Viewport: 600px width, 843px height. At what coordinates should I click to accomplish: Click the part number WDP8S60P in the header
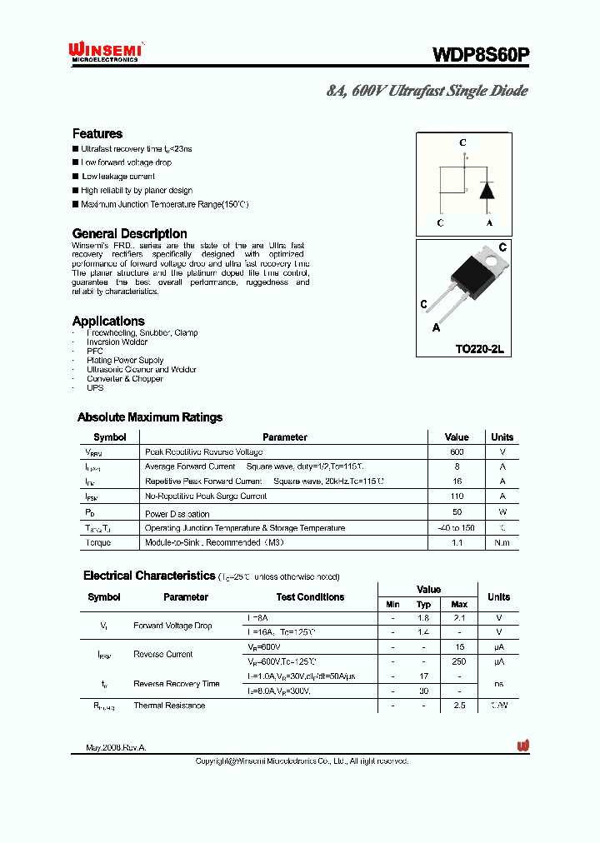pyautogui.click(x=480, y=55)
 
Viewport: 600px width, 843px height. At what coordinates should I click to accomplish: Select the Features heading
pyautogui.click(x=97, y=133)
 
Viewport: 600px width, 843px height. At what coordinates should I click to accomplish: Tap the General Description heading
pyautogui.click(x=129, y=233)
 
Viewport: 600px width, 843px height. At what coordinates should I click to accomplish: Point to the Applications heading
pyautogui.click(x=108, y=321)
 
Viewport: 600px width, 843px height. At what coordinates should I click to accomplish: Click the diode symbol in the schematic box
pyautogui.click(x=488, y=190)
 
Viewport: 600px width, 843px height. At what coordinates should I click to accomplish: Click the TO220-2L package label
pyautogui.click(x=479, y=350)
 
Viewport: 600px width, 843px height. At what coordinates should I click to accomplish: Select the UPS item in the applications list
pyautogui.click(x=95, y=388)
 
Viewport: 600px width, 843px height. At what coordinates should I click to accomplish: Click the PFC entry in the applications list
pyautogui.click(x=95, y=351)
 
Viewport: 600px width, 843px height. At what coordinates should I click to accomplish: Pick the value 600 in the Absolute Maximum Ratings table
pyautogui.click(x=457, y=451)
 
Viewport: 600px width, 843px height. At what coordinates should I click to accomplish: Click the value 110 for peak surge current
pyautogui.click(x=457, y=496)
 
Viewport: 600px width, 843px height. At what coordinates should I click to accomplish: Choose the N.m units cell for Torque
pyautogui.click(x=502, y=542)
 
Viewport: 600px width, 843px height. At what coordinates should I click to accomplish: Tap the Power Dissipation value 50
pyautogui.click(x=457, y=512)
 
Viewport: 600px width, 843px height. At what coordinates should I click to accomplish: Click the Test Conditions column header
pyautogui.click(x=310, y=597)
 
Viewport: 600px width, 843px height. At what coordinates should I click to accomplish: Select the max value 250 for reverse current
pyautogui.click(x=459, y=661)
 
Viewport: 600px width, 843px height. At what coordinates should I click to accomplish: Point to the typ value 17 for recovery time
pyautogui.click(x=423, y=676)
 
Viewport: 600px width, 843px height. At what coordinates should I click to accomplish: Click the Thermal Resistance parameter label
pyautogui.click(x=169, y=706)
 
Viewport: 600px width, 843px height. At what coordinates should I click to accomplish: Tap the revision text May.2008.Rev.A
pyautogui.click(x=116, y=748)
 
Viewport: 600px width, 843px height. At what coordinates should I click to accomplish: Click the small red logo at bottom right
pyautogui.click(x=523, y=746)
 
